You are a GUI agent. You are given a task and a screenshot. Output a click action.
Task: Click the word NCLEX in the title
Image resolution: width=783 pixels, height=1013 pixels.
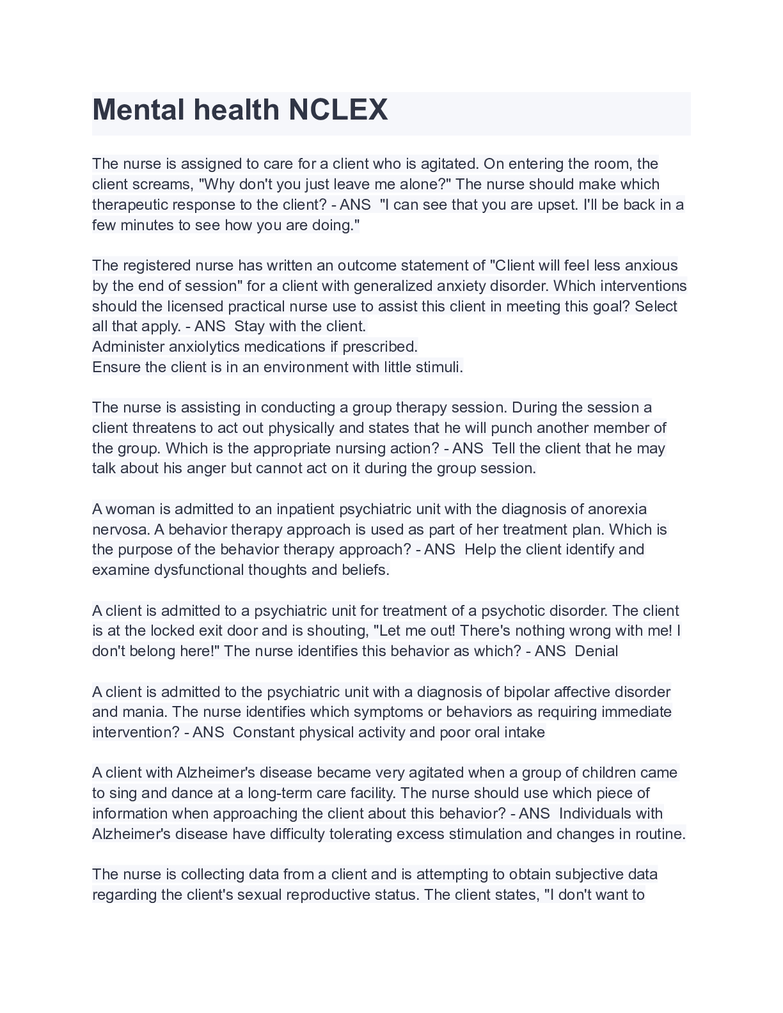point(338,110)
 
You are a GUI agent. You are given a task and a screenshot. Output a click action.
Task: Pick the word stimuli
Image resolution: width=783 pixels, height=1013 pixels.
point(439,367)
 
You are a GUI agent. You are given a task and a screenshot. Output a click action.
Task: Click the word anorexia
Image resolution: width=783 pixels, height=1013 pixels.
point(617,509)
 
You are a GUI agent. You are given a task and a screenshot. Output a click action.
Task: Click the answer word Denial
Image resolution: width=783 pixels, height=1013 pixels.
point(596,651)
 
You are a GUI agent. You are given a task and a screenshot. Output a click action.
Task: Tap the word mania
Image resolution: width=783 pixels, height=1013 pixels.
point(145,712)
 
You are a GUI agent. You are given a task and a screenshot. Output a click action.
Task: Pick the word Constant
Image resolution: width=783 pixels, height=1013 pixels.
point(264,732)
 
